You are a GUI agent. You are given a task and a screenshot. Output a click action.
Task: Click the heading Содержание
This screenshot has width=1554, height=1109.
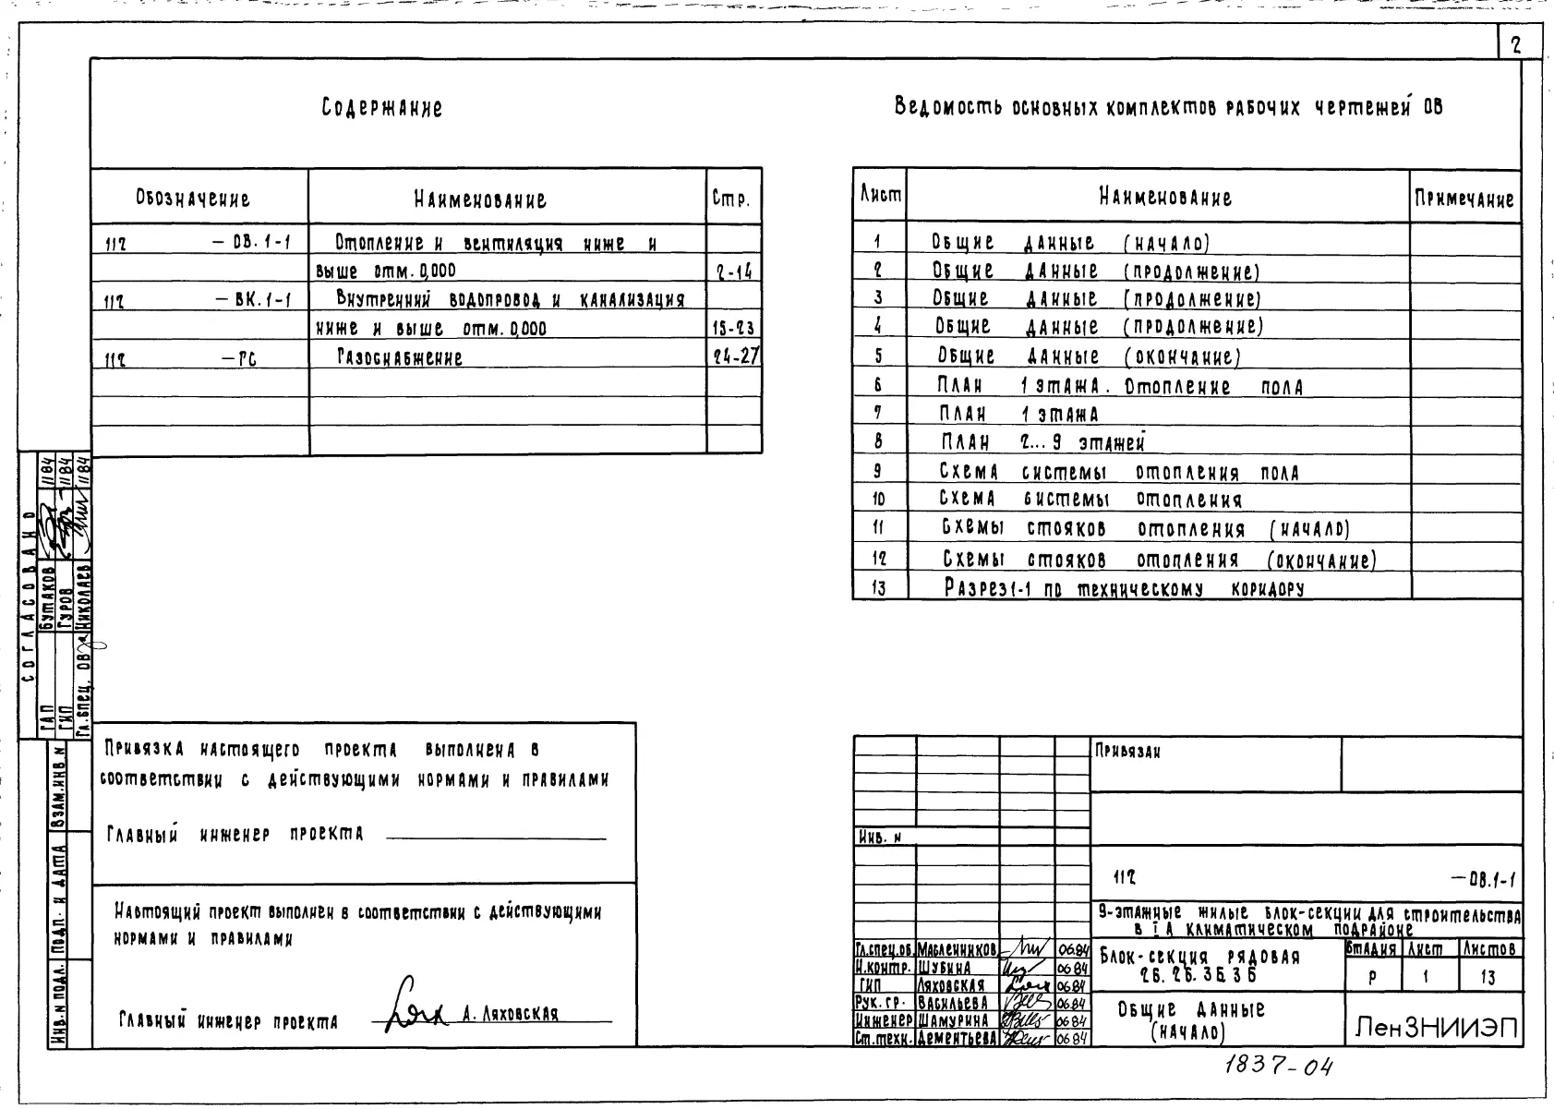(381, 108)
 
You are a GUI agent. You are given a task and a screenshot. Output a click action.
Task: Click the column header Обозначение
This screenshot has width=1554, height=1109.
(193, 199)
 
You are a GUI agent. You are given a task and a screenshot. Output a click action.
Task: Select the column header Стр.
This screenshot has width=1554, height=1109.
(731, 199)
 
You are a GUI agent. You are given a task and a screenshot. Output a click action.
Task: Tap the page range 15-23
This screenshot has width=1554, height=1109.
(733, 329)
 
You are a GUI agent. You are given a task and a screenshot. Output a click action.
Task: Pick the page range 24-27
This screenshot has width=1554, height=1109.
(735, 356)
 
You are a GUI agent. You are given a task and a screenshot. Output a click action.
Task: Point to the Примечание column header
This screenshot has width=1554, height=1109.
(1464, 199)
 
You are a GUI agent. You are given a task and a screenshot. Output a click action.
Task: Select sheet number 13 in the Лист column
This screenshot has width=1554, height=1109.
(878, 587)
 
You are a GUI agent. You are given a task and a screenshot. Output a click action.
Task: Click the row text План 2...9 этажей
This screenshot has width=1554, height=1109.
(1042, 443)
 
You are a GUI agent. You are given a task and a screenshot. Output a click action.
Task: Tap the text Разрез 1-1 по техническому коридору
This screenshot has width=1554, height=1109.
(1123, 587)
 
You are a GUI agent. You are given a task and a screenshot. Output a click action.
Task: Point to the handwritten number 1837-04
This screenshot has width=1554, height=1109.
(1279, 1067)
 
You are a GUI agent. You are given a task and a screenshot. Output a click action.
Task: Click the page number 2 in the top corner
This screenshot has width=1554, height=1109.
(1515, 44)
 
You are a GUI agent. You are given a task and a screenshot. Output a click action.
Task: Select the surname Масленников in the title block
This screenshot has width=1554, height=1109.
(957, 950)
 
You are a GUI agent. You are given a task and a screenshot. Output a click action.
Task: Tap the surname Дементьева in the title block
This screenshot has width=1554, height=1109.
(958, 1038)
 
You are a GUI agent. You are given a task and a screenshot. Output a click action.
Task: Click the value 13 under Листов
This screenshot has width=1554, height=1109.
(1488, 978)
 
